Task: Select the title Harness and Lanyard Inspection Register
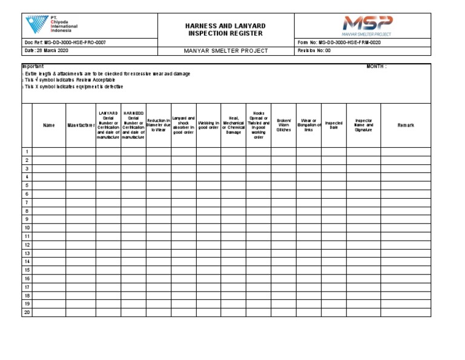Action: click(x=225, y=29)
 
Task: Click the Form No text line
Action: click(x=340, y=42)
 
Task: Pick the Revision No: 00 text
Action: click(x=314, y=51)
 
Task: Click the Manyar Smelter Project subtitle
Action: click(x=225, y=51)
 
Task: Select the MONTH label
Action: click(x=376, y=66)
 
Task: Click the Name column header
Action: click(x=49, y=125)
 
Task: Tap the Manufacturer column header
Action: click(x=81, y=125)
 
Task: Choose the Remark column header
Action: click(x=406, y=125)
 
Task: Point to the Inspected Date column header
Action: click(x=334, y=125)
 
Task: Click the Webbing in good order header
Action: click(x=208, y=125)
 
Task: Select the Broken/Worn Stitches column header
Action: click(x=283, y=125)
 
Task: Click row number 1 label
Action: click(x=27, y=152)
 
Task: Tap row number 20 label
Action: click(x=27, y=312)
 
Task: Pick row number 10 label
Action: click(x=27, y=228)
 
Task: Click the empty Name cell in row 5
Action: click(x=49, y=185)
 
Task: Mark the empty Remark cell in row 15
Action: click(x=406, y=270)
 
